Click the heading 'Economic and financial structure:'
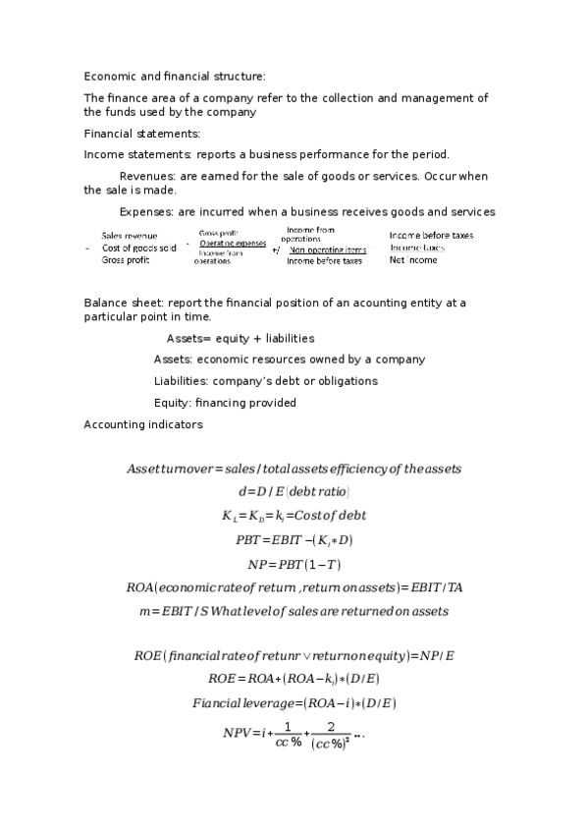click(175, 76)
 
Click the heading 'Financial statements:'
click(141, 134)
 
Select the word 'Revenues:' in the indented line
click(147, 176)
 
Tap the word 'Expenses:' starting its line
click(146, 212)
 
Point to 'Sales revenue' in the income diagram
click(129, 236)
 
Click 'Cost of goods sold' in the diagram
click(138, 249)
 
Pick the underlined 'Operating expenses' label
click(233, 243)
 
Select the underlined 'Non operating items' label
click(327, 250)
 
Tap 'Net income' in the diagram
click(413, 260)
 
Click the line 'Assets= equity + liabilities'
click(240, 338)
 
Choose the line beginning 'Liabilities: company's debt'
click(265, 381)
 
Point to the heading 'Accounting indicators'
click(143, 424)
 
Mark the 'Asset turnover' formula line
click(294, 469)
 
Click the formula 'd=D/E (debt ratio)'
click(294, 491)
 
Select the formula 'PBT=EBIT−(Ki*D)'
click(294, 539)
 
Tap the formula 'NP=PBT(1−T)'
click(294, 564)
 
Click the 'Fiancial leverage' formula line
click(294, 703)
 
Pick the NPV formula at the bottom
click(294, 734)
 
